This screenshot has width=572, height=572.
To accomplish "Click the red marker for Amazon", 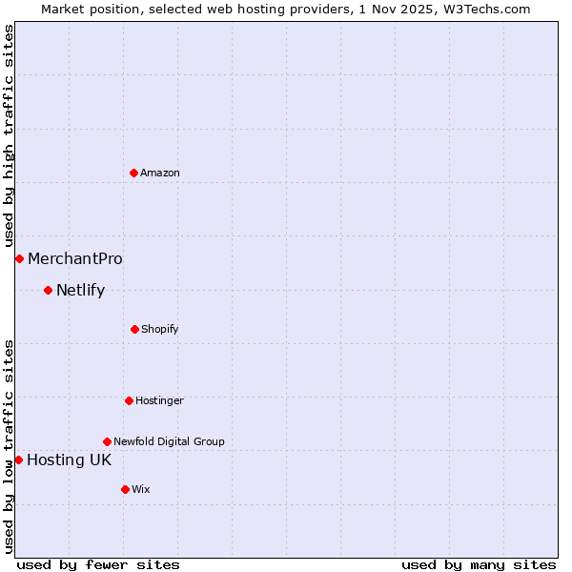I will click(x=134, y=173).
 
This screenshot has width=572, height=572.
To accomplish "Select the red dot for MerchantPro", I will click(x=19, y=258).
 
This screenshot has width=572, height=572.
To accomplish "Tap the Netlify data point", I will click(x=48, y=290).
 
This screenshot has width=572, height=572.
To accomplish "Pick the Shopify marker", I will click(x=134, y=329).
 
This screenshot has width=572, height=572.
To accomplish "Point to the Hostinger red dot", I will click(x=129, y=400).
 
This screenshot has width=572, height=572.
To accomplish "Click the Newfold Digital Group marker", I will click(x=107, y=441).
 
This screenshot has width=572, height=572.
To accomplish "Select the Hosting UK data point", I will click(x=18, y=460).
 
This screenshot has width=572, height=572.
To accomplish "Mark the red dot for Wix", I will click(x=125, y=489).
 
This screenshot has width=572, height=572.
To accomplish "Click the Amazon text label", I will click(x=160, y=173).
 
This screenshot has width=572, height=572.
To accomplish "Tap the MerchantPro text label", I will click(x=75, y=258).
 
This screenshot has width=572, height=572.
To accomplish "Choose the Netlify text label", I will click(x=80, y=290).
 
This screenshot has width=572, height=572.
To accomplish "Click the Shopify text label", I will click(x=160, y=329).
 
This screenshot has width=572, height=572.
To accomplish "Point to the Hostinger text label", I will click(x=159, y=400).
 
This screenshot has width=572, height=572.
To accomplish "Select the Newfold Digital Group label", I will click(x=169, y=441).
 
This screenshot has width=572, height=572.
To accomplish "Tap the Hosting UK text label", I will click(x=69, y=460).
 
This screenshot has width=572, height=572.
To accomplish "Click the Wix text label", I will click(x=141, y=489).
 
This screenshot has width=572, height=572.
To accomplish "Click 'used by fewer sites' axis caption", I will click(x=98, y=564).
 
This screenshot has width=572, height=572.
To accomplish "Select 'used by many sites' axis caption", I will click(x=479, y=564).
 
